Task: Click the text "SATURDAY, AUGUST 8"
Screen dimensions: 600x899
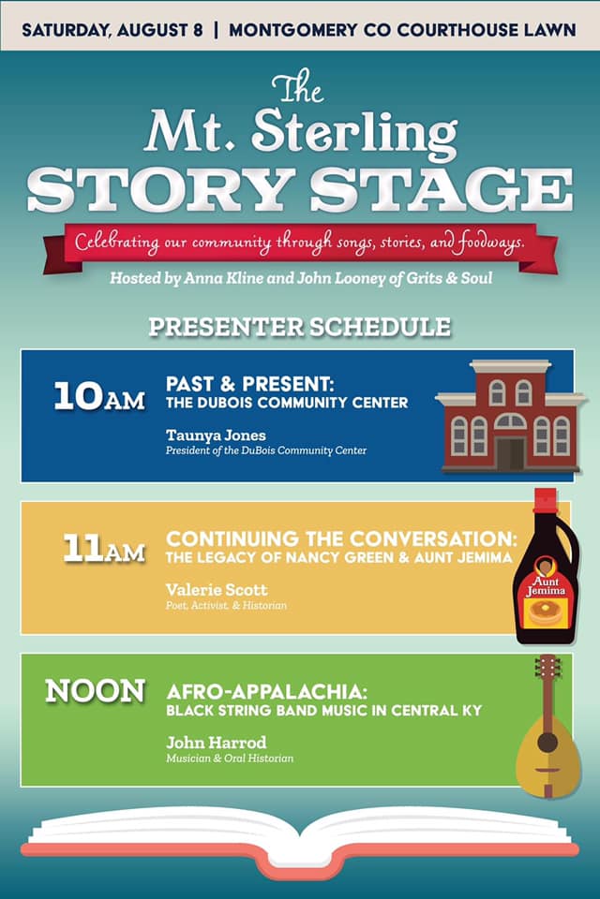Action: [x=112, y=30]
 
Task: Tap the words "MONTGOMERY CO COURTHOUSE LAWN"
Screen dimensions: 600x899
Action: [x=402, y=30]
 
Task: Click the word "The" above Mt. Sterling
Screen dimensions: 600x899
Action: [x=298, y=87]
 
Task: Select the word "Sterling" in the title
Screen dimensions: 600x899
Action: [x=354, y=132]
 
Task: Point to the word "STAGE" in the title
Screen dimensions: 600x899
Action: [x=441, y=190]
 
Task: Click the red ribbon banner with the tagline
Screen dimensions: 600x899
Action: [x=300, y=246]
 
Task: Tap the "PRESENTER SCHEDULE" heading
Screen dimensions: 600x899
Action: [x=300, y=327]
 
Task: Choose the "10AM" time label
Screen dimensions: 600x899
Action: [x=99, y=396]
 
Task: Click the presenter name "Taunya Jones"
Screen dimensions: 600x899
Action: [x=216, y=435]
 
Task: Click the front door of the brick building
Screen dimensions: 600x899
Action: [x=510, y=454]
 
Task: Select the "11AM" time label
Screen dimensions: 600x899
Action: [x=103, y=549]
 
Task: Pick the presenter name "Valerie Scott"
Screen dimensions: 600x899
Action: [x=217, y=589]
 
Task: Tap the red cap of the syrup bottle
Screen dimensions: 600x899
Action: [x=545, y=499]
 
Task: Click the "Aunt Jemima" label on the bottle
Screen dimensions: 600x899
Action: [x=546, y=586]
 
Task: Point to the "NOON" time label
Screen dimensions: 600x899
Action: [x=96, y=691]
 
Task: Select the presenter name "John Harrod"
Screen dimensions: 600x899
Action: [x=216, y=743]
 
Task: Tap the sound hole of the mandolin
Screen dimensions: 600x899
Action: [x=547, y=742]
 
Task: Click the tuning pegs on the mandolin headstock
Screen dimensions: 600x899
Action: [x=547, y=667]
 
